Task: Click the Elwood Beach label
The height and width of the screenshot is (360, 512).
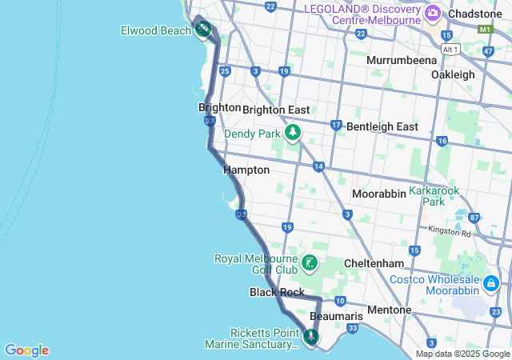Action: pyautogui.click(x=155, y=30)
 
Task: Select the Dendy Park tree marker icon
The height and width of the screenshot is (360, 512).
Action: pyautogui.click(x=294, y=132)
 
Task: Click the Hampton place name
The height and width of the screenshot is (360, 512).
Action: pyautogui.click(x=246, y=170)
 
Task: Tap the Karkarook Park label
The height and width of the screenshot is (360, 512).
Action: pyautogui.click(x=438, y=197)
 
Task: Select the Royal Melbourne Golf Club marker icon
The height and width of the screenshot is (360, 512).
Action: pyautogui.click(x=310, y=262)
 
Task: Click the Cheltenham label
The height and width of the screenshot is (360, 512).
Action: pyautogui.click(x=373, y=263)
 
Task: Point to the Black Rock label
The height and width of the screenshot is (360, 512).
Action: pyautogui.click(x=277, y=293)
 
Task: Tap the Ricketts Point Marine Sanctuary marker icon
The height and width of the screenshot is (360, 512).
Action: pyautogui.click(x=310, y=337)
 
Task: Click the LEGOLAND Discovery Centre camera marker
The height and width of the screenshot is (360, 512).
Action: pyautogui.click(x=433, y=12)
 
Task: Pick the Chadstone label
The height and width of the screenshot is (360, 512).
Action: pyautogui.click(x=475, y=14)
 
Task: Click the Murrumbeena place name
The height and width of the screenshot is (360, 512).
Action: pyautogui.click(x=402, y=60)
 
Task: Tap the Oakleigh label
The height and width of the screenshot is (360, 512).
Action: pyautogui.click(x=453, y=74)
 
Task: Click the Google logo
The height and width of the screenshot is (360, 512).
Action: pyautogui.click(x=26, y=350)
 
